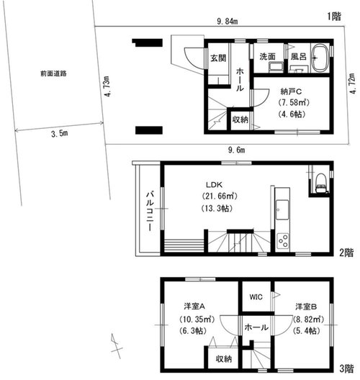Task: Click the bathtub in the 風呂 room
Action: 320,58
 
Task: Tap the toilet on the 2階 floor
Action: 320,183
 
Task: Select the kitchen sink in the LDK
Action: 282,209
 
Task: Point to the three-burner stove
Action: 283,240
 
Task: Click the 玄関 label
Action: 218,58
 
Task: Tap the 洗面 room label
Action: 268,56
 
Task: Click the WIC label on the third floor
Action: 256,297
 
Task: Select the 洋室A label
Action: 194,307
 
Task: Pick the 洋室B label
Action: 306,307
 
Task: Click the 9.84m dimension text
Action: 227,22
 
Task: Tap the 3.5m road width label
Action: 60,133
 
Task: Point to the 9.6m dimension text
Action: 236,150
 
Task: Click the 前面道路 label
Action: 53,73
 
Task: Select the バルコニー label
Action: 150,211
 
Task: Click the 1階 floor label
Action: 334,17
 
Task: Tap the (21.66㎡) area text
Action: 220,196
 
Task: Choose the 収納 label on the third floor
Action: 224,359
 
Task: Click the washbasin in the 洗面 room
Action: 276,67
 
